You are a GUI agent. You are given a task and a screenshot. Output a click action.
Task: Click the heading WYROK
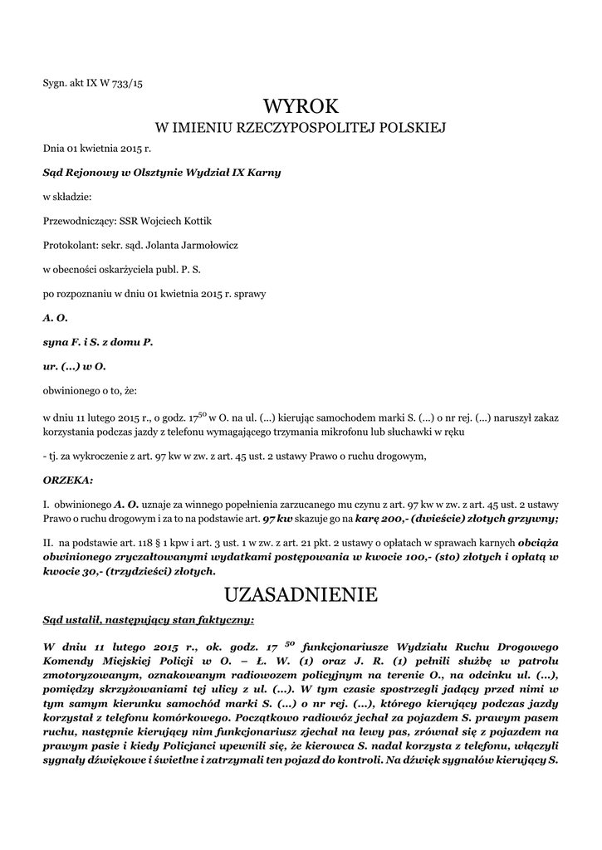(301, 106)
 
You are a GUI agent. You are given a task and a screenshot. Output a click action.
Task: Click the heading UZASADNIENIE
(301, 594)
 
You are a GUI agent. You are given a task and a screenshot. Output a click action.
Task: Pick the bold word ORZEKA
(67, 479)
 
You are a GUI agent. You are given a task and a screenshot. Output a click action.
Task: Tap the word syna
(56, 341)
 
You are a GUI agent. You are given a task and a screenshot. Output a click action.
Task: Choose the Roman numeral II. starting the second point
(48, 542)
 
